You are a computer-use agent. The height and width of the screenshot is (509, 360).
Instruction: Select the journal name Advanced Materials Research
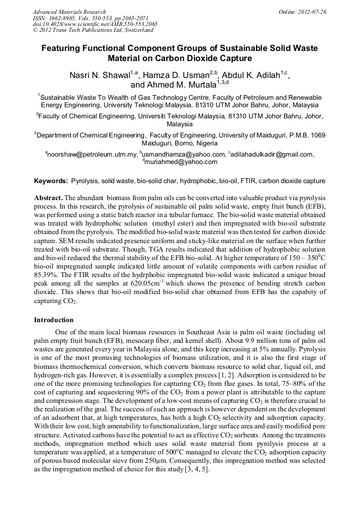(69, 12)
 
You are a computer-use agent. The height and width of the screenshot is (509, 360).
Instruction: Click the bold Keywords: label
(51, 181)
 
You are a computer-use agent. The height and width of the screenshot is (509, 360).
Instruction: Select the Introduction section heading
(54, 320)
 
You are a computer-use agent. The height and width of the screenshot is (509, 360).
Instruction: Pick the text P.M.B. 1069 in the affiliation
(305, 135)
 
